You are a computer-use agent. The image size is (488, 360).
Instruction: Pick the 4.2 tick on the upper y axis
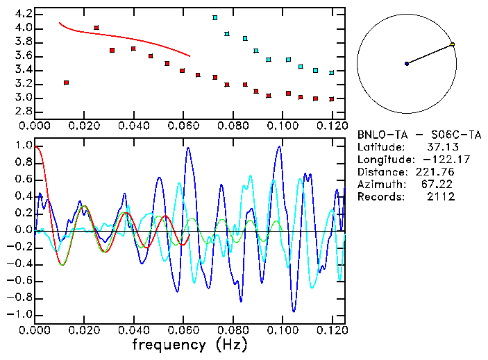click(x=22, y=14)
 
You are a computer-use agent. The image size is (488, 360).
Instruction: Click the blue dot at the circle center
click(x=407, y=64)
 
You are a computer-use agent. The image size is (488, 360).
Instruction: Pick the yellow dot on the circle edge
click(x=453, y=44)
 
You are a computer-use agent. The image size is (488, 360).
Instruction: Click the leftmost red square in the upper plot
click(x=66, y=83)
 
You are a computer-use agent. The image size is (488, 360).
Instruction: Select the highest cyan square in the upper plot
click(x=215, y=17)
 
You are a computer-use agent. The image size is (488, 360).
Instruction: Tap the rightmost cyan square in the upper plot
click(x=331, y=73)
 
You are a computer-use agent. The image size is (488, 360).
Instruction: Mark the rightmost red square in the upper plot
click(x=331, y=99)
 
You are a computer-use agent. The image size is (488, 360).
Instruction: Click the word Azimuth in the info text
click(x=379, y=185)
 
